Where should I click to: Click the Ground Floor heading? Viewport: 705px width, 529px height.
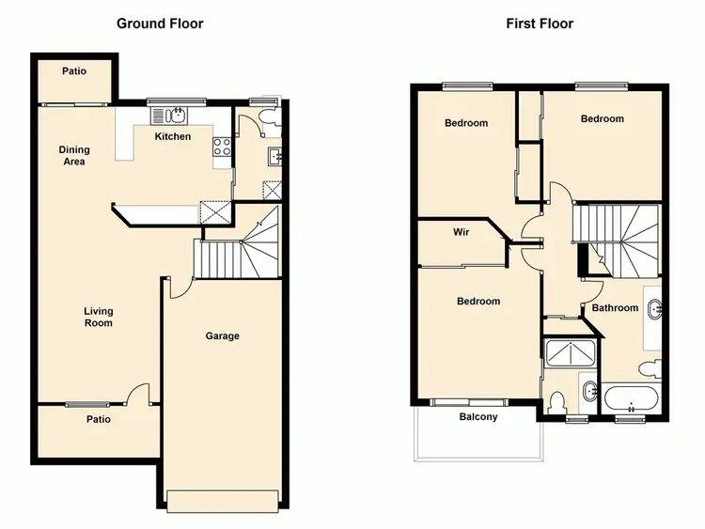pos(159,23)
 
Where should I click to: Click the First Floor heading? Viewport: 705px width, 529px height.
pos(540,23)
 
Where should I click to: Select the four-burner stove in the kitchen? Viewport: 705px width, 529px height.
pos(223,147)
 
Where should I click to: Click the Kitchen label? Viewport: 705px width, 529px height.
pos(173,137)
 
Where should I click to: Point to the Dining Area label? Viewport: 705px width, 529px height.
pos(73,156)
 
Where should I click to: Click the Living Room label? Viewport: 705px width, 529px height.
pos(98,318)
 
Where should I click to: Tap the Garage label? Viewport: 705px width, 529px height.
pos(223,336)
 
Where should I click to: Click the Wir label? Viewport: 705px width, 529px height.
pos(461,232)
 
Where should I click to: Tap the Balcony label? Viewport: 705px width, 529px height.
pos(478,417)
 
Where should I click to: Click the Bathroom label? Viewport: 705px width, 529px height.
pos(615,308)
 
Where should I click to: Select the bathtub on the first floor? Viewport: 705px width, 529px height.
pos(631,398)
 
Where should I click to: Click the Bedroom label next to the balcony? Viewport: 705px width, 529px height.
pos(478,302)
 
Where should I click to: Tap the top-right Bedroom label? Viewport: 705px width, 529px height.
pos(602,119)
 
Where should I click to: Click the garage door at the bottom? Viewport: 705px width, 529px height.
pos(223,502)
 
